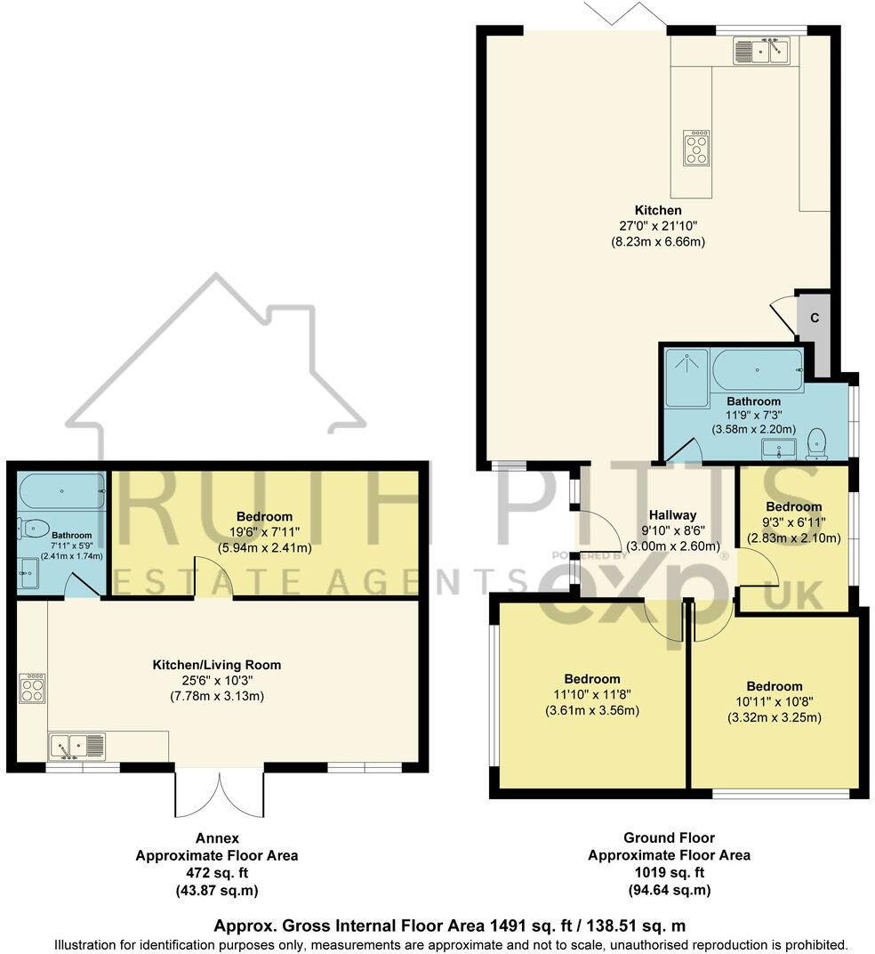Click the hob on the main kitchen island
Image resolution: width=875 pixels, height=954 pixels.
tap(696, 148)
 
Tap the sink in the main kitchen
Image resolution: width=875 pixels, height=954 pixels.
tap(761, 52)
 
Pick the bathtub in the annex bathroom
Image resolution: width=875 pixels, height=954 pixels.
tap(60, 490)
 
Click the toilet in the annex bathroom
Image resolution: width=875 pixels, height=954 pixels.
tap(33, 529)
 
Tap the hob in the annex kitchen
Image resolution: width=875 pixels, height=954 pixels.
tap(33, 688)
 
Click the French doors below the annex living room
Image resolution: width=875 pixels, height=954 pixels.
tap(220, 792)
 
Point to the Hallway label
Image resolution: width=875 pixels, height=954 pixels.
tap(672, 514)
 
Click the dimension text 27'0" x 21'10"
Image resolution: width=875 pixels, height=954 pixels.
tap(658, 226)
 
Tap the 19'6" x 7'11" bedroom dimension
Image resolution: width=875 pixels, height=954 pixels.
tap(264, 532)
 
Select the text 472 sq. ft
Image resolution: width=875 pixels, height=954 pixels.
tap(216, 873)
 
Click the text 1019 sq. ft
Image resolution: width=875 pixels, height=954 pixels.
tap(669, 872)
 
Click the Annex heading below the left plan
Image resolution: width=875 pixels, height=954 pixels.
tap(217, 838)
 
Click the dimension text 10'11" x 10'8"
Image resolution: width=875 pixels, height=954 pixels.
tap(775, 702)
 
